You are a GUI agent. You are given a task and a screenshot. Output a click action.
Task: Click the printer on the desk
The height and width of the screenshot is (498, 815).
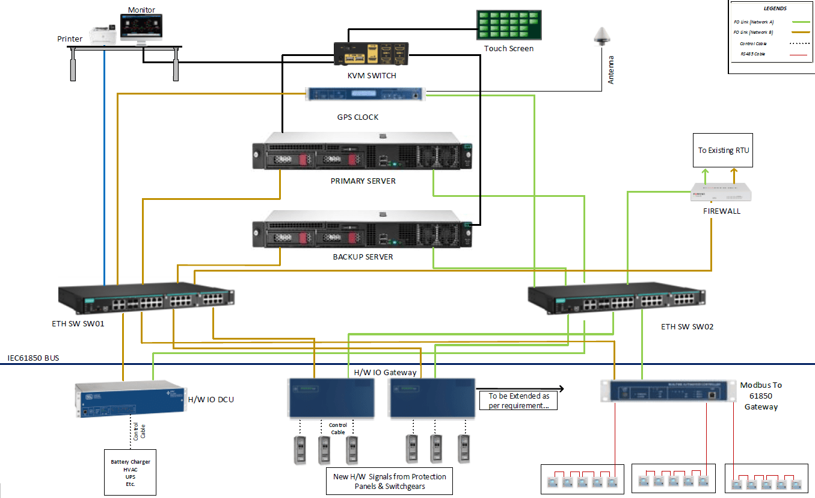(104, 36)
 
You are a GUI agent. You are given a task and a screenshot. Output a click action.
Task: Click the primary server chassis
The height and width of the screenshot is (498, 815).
(363, 154)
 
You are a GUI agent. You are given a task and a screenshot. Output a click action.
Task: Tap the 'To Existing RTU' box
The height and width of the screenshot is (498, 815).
(722, 151)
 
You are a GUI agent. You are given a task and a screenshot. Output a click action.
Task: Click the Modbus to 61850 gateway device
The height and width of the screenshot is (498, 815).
(668, 391)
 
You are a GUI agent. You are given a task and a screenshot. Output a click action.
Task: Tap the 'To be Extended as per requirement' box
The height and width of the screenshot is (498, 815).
(518, 401)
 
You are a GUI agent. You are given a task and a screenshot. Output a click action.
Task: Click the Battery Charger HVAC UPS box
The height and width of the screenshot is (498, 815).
(131, 473)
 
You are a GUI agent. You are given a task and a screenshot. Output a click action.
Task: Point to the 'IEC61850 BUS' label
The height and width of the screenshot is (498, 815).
(33, 358)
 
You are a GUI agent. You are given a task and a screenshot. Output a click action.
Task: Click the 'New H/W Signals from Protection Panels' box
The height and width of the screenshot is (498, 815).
(390, 481)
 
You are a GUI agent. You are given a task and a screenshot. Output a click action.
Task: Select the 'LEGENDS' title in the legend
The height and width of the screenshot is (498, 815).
(775, 8)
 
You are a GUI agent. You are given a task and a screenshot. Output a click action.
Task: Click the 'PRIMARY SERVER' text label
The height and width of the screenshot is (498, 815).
(363, 181)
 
